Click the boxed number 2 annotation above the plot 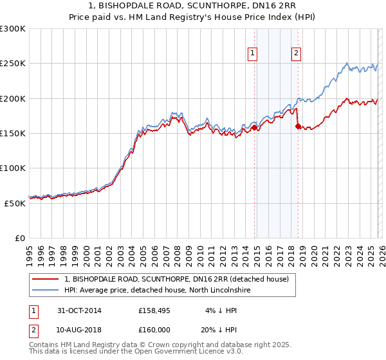296,54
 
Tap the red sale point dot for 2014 254,127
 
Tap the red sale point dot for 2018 297,127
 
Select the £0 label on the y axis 19,238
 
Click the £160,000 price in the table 154,329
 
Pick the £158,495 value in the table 154,311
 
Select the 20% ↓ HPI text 220,329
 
